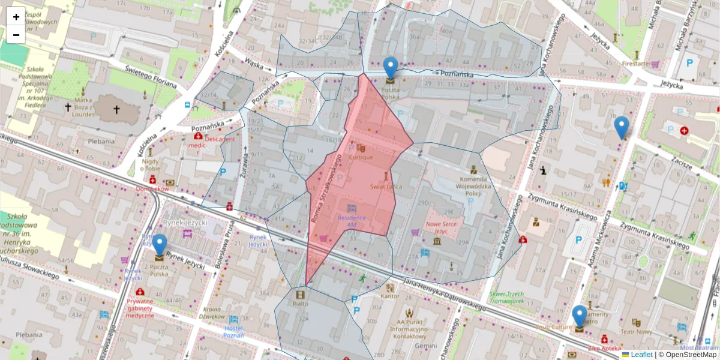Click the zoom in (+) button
pos(16,17)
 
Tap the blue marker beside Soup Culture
pos(580,317)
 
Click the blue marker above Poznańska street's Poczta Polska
pos(391,68)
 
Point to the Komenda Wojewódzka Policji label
pos(472,185)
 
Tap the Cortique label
pos(361,157)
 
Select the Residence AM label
pos(351,221)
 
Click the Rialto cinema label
pos(300,303)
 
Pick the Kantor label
pos(390,296)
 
